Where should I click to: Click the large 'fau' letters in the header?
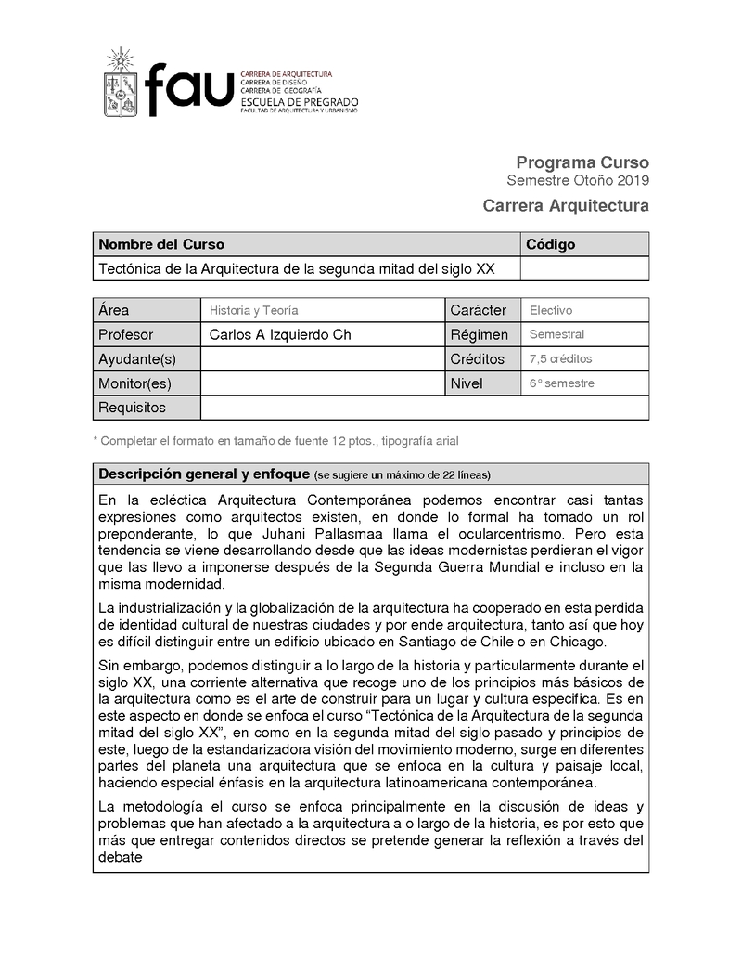pos(190,90)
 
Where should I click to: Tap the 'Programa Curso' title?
pos(582,162)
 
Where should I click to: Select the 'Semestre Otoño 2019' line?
pos(578,180)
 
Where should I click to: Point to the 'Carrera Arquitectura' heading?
pos(566,205)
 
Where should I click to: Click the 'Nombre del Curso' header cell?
pos(161,245)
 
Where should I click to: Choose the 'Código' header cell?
pos(551,245)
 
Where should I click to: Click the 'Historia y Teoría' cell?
pos(253,311)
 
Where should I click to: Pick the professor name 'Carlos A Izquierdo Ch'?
pos(280,335)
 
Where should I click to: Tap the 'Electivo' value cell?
pos(551,311)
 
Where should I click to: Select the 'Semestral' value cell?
pos(556,335)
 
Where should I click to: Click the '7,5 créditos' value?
pos(560,359)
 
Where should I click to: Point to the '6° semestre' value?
pos(561,383)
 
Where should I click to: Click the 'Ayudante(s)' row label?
pos(137,359)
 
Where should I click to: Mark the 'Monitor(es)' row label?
pos(135,383)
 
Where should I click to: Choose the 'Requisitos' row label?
pos(132,408)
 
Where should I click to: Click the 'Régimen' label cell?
pos(480,335)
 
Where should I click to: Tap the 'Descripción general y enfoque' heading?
pos(204,474)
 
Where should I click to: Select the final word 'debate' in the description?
pos(120,858)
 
